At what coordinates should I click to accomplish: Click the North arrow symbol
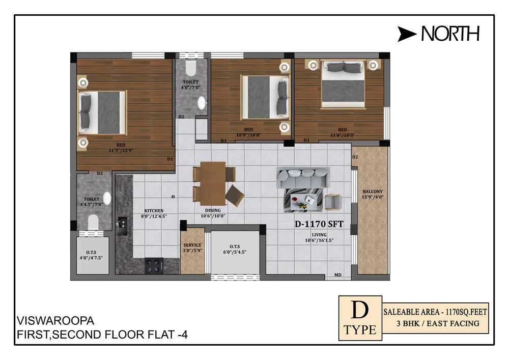point(406,34)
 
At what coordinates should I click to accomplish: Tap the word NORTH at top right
point(450,34)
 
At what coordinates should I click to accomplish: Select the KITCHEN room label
point(154,211)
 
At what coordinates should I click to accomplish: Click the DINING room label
point(213,210)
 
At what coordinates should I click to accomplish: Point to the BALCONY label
point(373,191)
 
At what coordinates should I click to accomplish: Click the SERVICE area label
point(192,245)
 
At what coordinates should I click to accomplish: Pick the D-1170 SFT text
point(319,224)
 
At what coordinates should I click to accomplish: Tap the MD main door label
point(338,275)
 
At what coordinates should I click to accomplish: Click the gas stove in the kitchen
point(154,265)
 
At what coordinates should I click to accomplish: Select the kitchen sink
point(122,226)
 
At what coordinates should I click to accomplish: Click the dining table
point(213,183)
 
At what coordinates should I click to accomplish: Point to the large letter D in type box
point(360,310)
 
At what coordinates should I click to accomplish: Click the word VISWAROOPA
point(55,321)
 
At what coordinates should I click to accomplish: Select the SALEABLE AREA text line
point(435,312)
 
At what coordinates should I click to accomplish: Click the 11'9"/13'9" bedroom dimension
point(121,151)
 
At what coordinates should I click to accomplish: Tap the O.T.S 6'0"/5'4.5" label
point(235,250)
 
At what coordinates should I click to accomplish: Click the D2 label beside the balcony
point(355,157)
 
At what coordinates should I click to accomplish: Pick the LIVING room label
point(319,235)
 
